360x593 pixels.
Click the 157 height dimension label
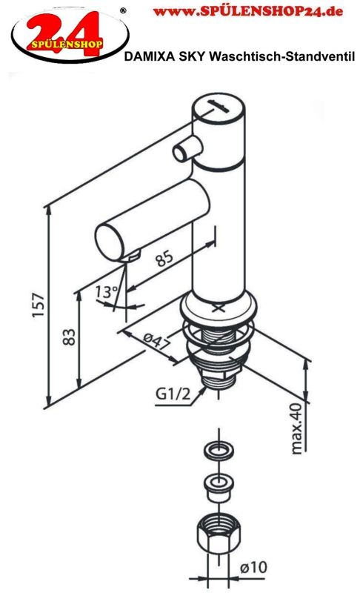click(x=39, y=305)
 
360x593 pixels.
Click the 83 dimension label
click(x=69, y=337)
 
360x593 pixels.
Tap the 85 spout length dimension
click(x=164, y=258)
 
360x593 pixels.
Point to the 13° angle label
click(x=106, y=291)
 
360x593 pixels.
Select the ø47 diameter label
click(x=156, y=341)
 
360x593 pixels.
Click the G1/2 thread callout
click(x=173, y=394)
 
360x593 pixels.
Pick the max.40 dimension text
click(x=297, y=428)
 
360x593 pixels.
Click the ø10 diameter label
click(x=253, y=567)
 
